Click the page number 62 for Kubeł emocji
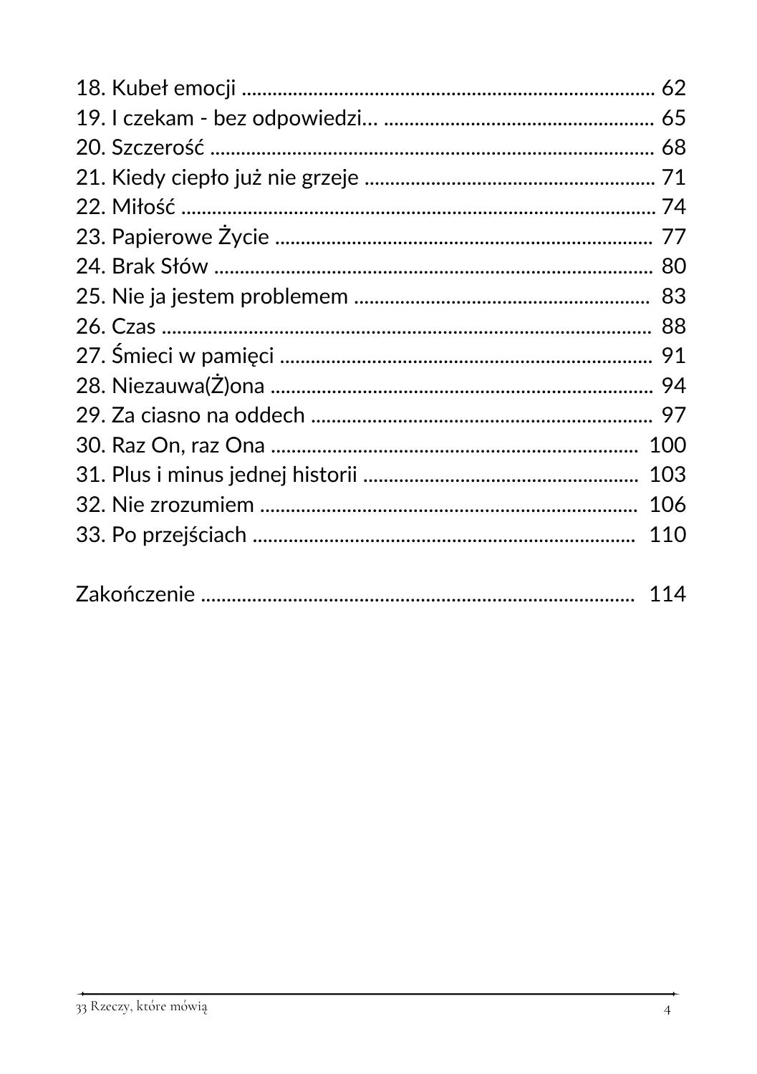(x=673, y=88)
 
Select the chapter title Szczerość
(x=158, y=147)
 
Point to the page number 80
(x=673, y=266)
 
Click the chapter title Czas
(x=134, y=326)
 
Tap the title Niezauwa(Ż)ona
(x=188, y=386)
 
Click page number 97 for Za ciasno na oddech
(x=673, y=415)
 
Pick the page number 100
(x=667, y=445)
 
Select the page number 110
(x=667, y=535)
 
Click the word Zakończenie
(x=135, y=594)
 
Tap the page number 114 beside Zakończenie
(x=667, y=594)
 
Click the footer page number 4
(x=667, y=1010)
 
